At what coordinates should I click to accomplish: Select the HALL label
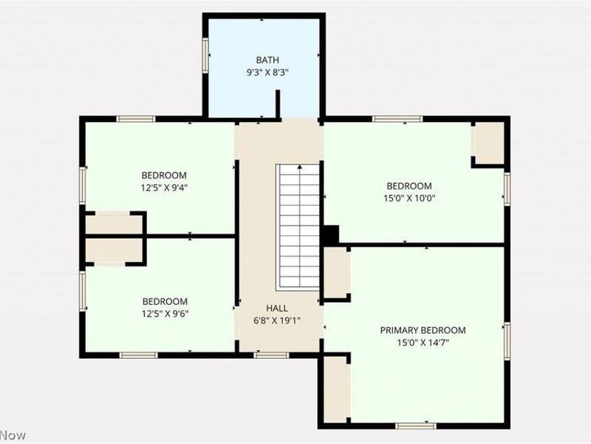(278, 308)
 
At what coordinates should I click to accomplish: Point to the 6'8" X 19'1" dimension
(278, 320)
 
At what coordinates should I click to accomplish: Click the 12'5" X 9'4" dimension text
(165, 187)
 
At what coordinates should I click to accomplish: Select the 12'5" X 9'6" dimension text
(165, 314)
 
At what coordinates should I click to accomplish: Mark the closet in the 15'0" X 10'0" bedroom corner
(488, 143)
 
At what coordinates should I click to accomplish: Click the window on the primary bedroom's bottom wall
(416, 425)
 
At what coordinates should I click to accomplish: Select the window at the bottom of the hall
(271, 355)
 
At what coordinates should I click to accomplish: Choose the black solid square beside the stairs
(330, 235)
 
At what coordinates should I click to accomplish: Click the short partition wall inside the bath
(278, 104)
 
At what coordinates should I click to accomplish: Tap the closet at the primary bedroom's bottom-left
(335, 389)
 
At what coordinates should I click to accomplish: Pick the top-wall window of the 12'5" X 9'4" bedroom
(136, 118)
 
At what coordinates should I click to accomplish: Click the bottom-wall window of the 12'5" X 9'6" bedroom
(139, 355)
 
